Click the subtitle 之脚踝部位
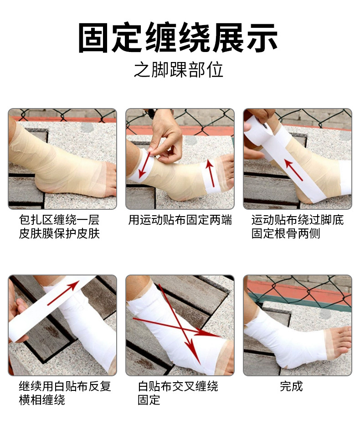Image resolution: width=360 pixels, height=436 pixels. [x=179, y=70]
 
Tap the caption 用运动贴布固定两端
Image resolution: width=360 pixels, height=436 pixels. [x=180, y=220]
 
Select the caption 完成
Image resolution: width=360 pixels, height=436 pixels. [x=291, y=386]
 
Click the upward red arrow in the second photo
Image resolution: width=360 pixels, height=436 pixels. [x=210, y=173]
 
